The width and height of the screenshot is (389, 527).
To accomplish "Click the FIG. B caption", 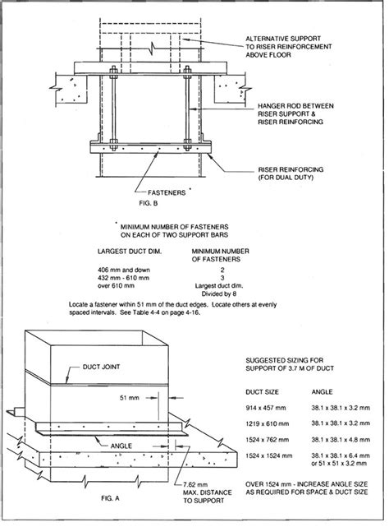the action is (x=148, y=203).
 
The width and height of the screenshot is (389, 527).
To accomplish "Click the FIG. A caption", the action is (x=110, y=498).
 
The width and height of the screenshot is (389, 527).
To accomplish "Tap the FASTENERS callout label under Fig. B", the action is (x=167, y=192).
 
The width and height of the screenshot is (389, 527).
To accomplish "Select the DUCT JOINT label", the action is (x=101, y=367).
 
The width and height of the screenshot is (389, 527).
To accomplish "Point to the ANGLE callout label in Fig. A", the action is (x=121, y=446).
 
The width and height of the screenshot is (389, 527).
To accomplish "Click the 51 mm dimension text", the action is (x=129, y=398).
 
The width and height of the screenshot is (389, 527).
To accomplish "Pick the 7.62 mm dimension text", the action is (x=195, y=484).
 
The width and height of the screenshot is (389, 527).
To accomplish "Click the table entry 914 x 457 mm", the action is (x=266, y=408).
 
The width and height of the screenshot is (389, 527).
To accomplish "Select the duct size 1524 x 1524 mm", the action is (x=269, y=455).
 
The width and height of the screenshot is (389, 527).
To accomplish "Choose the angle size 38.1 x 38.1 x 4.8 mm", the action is (x=341, y=440).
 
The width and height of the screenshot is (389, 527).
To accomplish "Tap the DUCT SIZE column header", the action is (x=262, y=392).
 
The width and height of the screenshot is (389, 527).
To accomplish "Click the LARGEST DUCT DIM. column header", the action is (x=130, y=252).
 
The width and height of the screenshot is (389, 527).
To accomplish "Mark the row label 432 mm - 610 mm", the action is (x=124, y=278).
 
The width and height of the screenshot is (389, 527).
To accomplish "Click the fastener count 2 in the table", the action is (x=222, y=270).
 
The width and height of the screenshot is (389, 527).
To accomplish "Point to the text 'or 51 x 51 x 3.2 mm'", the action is (x=339, y=464).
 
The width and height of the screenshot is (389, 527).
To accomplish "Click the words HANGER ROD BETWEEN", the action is (x=295, y=106).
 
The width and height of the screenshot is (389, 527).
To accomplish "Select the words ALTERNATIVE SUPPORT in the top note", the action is (x=283, y=39).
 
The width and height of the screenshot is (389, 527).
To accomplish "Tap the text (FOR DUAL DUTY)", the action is (x=286, y=178).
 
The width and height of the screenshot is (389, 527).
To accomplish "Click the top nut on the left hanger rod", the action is (x=113, y=71).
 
